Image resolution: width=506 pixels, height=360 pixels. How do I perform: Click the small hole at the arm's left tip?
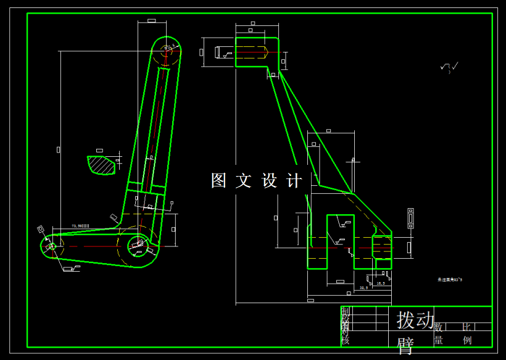51,246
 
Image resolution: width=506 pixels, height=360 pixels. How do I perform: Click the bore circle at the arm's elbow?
136,247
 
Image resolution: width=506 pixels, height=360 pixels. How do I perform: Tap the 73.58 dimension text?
80,226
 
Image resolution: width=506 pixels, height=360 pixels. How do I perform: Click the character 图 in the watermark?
219,180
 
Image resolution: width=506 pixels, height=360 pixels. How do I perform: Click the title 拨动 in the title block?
415,320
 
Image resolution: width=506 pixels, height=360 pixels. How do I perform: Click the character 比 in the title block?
467,327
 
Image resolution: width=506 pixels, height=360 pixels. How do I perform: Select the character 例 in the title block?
467,340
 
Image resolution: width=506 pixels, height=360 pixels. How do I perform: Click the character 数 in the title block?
439,327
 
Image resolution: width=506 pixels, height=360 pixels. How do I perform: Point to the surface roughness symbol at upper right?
449,67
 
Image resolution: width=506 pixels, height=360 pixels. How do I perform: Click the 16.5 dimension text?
380,283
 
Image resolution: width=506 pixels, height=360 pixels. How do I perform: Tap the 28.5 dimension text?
363,288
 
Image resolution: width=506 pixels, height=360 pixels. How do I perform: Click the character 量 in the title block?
439,340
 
